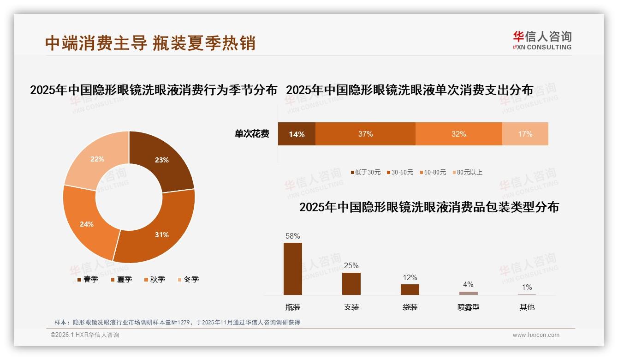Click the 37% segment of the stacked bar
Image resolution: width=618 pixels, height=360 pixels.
(365, 134)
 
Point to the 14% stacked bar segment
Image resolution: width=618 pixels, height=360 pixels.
(297, 134)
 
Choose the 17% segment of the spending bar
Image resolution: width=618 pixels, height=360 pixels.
(525, 134)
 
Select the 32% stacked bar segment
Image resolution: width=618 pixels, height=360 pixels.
(458, 134)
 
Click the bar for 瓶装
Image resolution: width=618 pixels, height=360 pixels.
(293, 269)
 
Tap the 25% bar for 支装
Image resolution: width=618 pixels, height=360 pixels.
(351, 283)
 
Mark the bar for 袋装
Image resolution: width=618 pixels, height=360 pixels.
(410, 289)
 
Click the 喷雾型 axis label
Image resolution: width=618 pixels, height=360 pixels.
(468, 307)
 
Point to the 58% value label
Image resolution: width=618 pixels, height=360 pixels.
(293, 236)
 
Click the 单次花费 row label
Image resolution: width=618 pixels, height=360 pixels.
(252, 134)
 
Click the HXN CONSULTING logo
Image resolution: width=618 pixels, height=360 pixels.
(542, 40)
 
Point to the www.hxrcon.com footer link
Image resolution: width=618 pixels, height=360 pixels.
(536, 335)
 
